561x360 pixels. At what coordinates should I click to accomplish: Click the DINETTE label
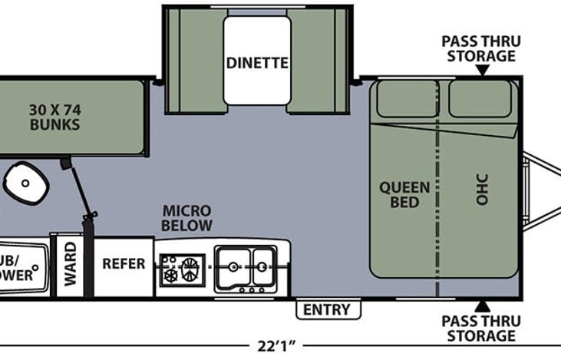(256, 62)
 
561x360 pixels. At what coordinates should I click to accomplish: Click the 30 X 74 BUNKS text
(55, 116)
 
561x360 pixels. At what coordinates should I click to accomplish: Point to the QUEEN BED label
(404, 195)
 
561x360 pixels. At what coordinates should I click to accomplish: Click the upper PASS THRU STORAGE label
(477, 48)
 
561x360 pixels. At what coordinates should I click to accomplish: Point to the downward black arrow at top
(482, 71)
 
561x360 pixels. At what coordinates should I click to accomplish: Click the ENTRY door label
(328, 310)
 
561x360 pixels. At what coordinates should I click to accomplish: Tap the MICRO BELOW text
(186, 218)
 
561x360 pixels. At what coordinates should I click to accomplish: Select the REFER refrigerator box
(124, 264)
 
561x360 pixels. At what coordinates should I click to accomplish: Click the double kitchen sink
(245, 267)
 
